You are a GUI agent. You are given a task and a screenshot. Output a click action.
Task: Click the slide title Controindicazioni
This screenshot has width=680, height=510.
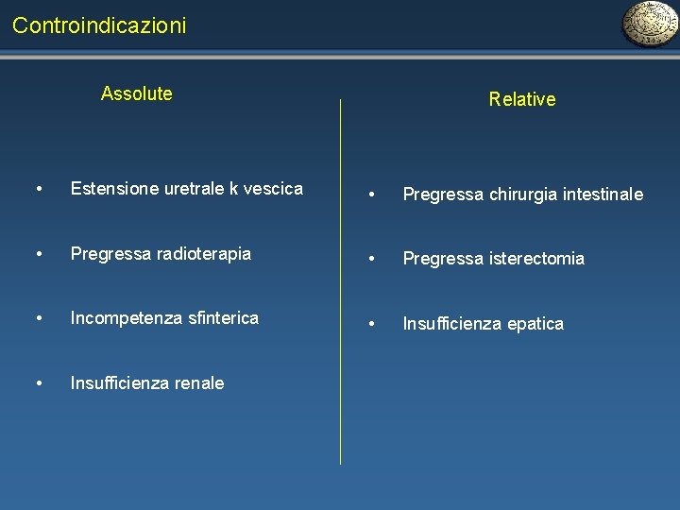click(x=99, y=25)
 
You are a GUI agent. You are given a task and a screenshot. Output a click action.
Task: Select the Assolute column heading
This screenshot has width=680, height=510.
click(x=137, y=93)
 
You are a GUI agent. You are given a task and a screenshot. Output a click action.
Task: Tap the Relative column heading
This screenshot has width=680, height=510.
click(x=522, y=99)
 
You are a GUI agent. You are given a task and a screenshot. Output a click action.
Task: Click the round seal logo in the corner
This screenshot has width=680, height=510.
click(x=649, y=25)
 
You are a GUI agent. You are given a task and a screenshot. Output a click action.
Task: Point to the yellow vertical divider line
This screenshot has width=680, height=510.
click(x=340, y=283)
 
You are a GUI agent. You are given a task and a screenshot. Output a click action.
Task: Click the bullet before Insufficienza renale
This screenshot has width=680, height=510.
click(x=38, y=383)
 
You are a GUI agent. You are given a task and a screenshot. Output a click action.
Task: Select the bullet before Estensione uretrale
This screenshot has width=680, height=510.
click(x=38, y=189)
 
